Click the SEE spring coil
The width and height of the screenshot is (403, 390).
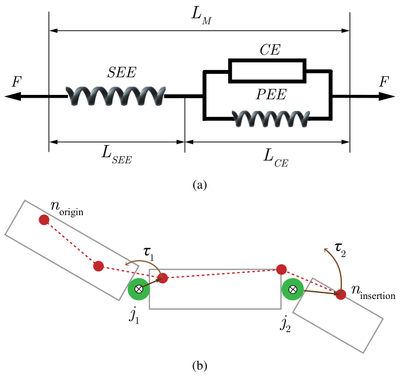[115, 96]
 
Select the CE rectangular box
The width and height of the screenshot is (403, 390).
[267, 71]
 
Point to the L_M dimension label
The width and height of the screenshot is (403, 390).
[199, 18]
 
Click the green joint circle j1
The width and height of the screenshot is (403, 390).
[139, 289]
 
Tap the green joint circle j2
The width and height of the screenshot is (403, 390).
[293, 289]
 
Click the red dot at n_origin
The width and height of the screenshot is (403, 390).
[44, 220]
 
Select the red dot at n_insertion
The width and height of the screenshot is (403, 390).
[341, 295]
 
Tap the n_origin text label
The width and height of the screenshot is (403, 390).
[66, 210]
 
